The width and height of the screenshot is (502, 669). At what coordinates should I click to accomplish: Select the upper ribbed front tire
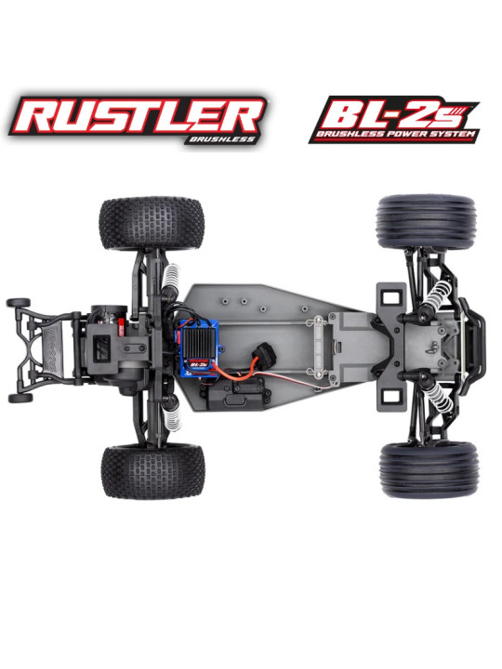click(427, 221)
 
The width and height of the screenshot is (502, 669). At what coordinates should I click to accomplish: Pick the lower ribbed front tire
click(428, 468)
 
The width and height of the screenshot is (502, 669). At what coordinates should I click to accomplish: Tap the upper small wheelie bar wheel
click(19, 302)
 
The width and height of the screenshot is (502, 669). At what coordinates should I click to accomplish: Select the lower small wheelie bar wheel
click(19, 397)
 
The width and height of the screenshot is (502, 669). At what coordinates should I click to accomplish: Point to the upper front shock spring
click(436, 296)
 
